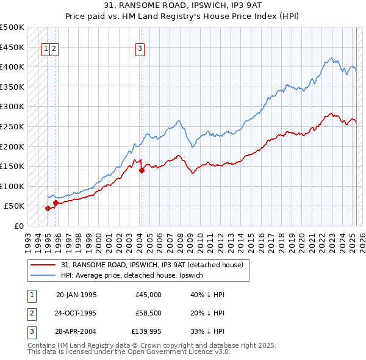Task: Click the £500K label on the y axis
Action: (12, 27)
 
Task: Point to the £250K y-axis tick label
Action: (12, 126)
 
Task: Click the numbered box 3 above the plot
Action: (140, 49)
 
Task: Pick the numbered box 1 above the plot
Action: (46, 49)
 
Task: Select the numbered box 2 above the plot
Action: (54, 49)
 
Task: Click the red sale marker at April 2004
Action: (142, 171)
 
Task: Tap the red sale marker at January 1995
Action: (48, 208)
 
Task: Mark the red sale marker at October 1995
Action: (56, 203)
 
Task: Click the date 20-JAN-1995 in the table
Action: (76, 295)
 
